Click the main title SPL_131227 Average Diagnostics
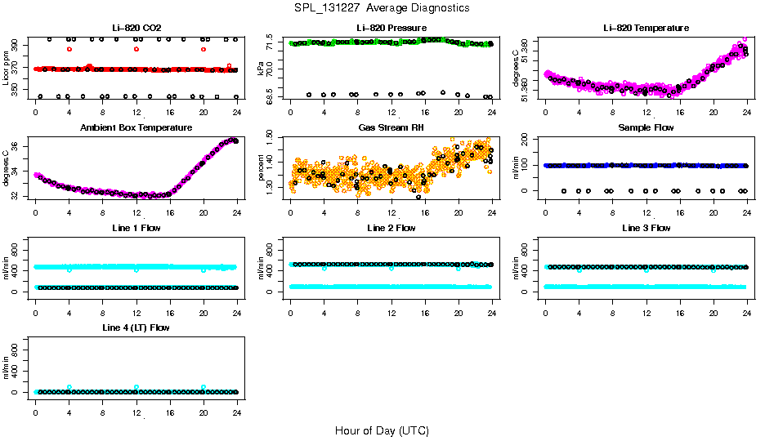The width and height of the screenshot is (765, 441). point(382,7)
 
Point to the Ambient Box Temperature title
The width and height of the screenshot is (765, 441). point(136,128)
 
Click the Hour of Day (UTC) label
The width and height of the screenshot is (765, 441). point(382,430)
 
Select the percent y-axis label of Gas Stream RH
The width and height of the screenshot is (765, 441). point(261,167)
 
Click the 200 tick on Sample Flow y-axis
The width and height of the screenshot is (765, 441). point(528,140)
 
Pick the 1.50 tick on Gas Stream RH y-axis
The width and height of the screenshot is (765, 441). point(275,140)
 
